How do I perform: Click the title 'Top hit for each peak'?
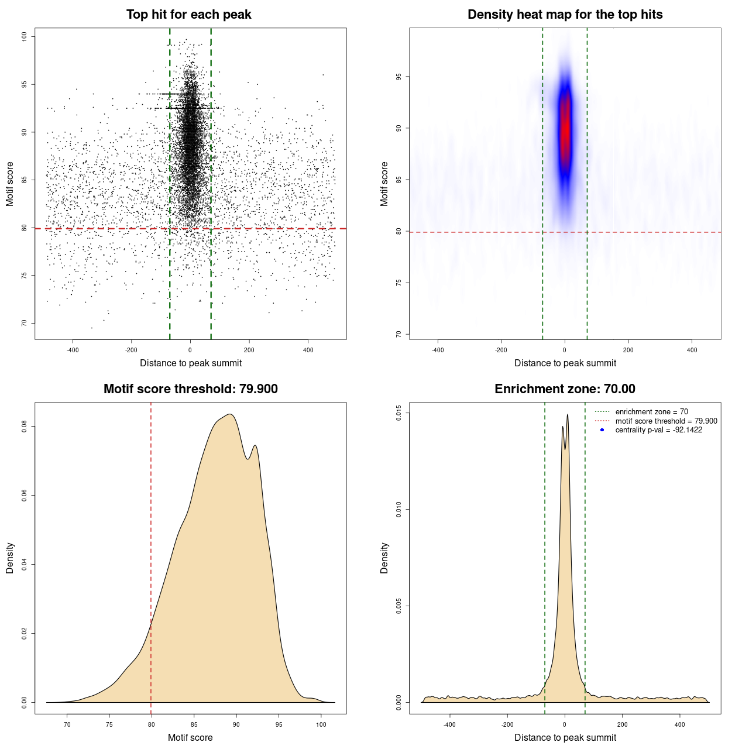point(188,15)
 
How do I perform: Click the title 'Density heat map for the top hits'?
point(565,15)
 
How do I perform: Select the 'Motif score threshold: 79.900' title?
point(190,389)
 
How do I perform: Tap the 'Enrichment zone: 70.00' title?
point(565,389)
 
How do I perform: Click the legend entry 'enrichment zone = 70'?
point(651,412)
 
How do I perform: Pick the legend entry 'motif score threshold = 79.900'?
point(666,421)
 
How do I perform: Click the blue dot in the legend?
point(602,430)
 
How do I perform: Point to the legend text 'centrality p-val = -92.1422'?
point(658,430)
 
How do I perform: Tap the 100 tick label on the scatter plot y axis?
point(24,37)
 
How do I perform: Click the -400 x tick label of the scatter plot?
point(73,350)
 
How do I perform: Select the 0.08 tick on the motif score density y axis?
point(24,427)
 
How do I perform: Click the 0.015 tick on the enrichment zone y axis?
point(398,413)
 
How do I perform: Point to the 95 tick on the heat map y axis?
point(398,77)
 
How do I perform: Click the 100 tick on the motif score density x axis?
point(321,724)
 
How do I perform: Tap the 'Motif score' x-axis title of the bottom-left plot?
point(190,737)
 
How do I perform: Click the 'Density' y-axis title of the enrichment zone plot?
point(384,558)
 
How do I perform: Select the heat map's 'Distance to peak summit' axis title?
point(565,363)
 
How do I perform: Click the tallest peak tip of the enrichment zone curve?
point(568,415)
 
